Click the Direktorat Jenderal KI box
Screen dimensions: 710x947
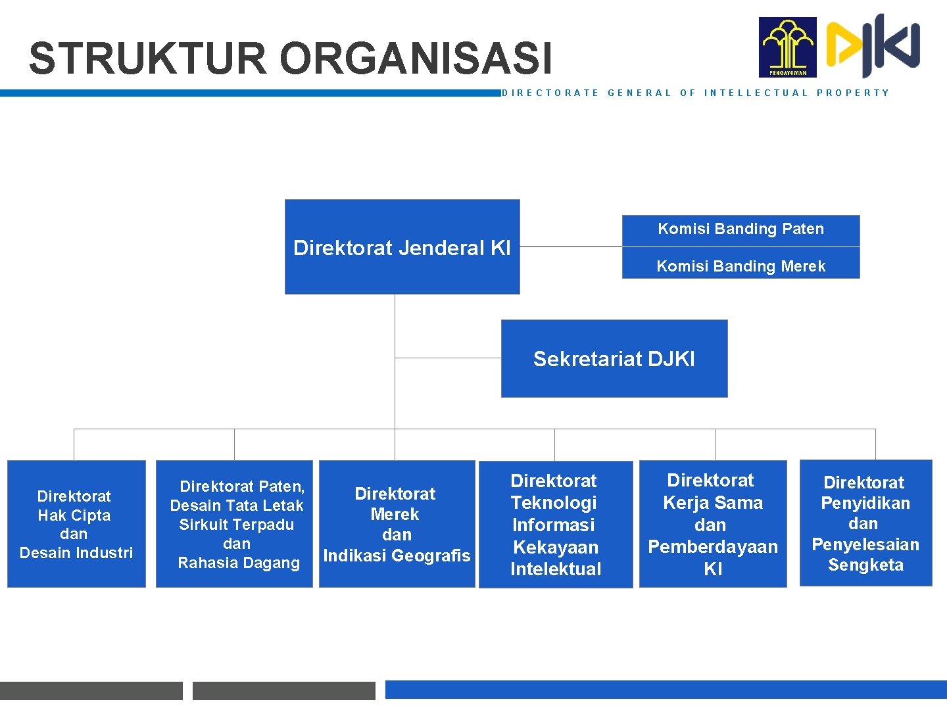pyautogui.click(x=402, y=247)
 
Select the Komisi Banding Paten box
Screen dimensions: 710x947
pyautogui.click(x=741, y=229)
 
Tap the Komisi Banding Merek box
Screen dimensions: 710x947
pyautogui.click(x=741, y=265)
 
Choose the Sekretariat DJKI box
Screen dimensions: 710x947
pyautogui.click(x=614, y=359)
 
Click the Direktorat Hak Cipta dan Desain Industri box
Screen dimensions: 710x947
pyautogui.click(x=76, y=524)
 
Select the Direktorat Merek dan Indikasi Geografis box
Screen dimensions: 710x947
pyautogui.click(x=397, y=524)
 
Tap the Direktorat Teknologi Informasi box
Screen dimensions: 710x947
pyautogui.click(x=556, y=524)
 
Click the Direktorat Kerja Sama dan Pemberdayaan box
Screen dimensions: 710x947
pyautogui.click(x=713, y=524)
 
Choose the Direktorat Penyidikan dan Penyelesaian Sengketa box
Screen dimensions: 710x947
pyautogui.click(x=865, y=523)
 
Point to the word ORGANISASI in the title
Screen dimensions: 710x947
pyautogui.click(x=416, y=59)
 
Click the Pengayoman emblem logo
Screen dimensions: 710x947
pyautogui.click(x=787, y=47)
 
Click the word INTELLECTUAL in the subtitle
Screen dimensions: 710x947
pyautogui.click(x=756, y=93)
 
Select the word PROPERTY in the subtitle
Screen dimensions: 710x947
pyautogui.click(x=852, y=93)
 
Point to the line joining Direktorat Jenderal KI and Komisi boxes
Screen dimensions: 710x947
pyautogui.click(x=570, y=247)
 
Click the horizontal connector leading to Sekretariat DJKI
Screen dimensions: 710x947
pyautogui.click(x=447, y=358)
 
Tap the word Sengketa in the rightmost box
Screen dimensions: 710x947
pyautogui.click(x=865, y=565)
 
